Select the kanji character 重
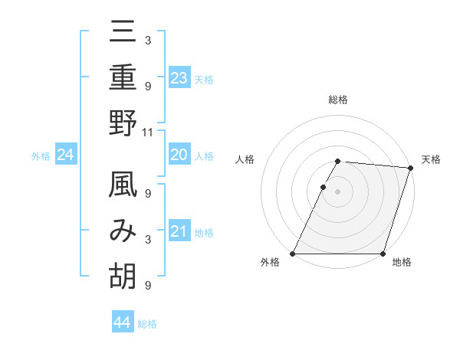click(123, 79)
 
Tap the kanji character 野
click(123, 123)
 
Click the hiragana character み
click(123, 232)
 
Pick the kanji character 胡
click(123, 276)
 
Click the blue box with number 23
click(179, 78)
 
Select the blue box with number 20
click(179, 155)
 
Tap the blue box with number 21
click(179, 231)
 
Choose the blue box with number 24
click(66, 155)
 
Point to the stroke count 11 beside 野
click(149, 132)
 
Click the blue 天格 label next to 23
click(204, 80)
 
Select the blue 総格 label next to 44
click(147, 324)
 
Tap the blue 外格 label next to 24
click(41, 156)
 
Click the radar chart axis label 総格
click(338, 100)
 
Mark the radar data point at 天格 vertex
click(411, 168)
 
